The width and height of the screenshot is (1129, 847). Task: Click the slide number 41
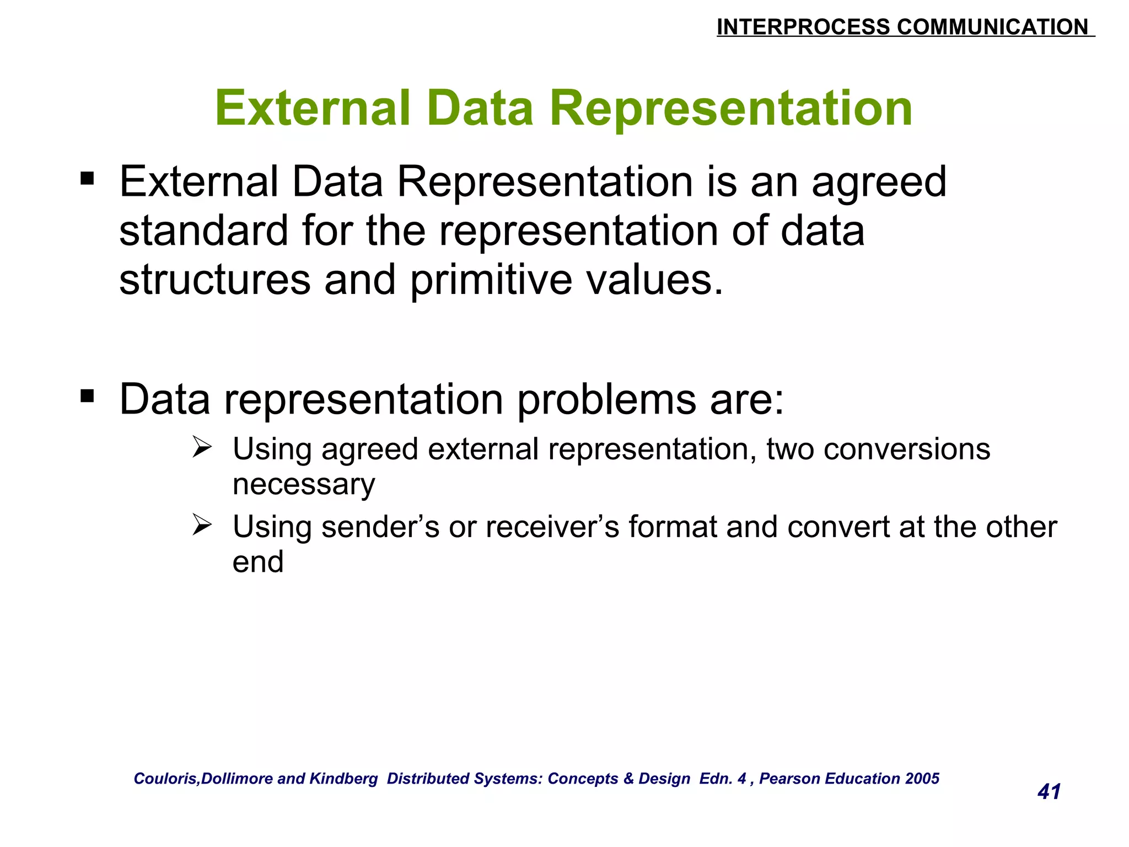pyautogui.click(x=1049, y=792)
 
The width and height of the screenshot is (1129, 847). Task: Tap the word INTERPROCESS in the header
pyautogui.click(x=803, y=27)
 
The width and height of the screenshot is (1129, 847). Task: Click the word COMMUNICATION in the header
pyautogui.click(x=992, y=27)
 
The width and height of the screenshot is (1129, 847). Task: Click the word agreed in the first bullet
pyautogui.click(x=879, y=183)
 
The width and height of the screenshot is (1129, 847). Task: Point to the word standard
pyautogui.click(x=203, y=231)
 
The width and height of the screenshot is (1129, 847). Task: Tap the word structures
pyautogui.click(x=214, y=280)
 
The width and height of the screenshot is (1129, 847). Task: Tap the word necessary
pyautogui.click(x=304, y=485)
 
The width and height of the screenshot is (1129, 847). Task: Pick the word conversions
pyautogui.click(x=906, y=449)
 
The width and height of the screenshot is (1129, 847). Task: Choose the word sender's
pyautogui.click(x=380, y=527)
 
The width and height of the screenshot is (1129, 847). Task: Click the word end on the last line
pyautogui.click(x=258, y=562)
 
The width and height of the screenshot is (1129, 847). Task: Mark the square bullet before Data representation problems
pyautogui.click(x=87, y=396)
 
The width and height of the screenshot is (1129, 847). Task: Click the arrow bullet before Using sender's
pyautogui.click(x=202, y=524)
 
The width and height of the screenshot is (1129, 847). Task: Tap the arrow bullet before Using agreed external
pyautogui.click(x=202, y=447)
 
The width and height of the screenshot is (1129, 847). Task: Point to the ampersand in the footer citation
pyautogui.click(x=628, y=778)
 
